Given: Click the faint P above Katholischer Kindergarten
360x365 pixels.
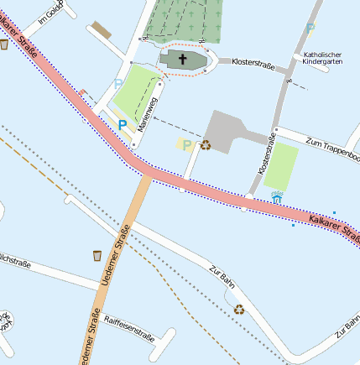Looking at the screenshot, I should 310,29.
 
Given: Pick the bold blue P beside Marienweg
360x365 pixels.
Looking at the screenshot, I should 123,124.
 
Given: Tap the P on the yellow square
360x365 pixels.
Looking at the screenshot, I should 186,145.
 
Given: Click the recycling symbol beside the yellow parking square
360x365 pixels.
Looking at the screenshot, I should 205,144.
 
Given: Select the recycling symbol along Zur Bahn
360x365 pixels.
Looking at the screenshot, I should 239,309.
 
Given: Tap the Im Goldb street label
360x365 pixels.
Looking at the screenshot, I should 53,14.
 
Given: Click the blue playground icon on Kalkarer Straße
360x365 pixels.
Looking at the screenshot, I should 277,199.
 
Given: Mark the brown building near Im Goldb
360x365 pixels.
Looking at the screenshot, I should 101,30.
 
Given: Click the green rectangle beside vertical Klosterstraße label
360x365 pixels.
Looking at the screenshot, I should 281,166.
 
